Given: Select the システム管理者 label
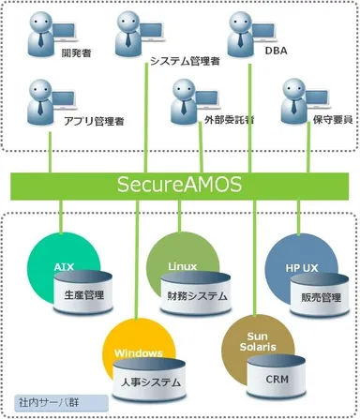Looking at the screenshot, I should coord(185,62).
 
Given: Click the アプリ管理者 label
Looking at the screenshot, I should coord(95,121).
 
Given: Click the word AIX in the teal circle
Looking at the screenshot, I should coord(64,266).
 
